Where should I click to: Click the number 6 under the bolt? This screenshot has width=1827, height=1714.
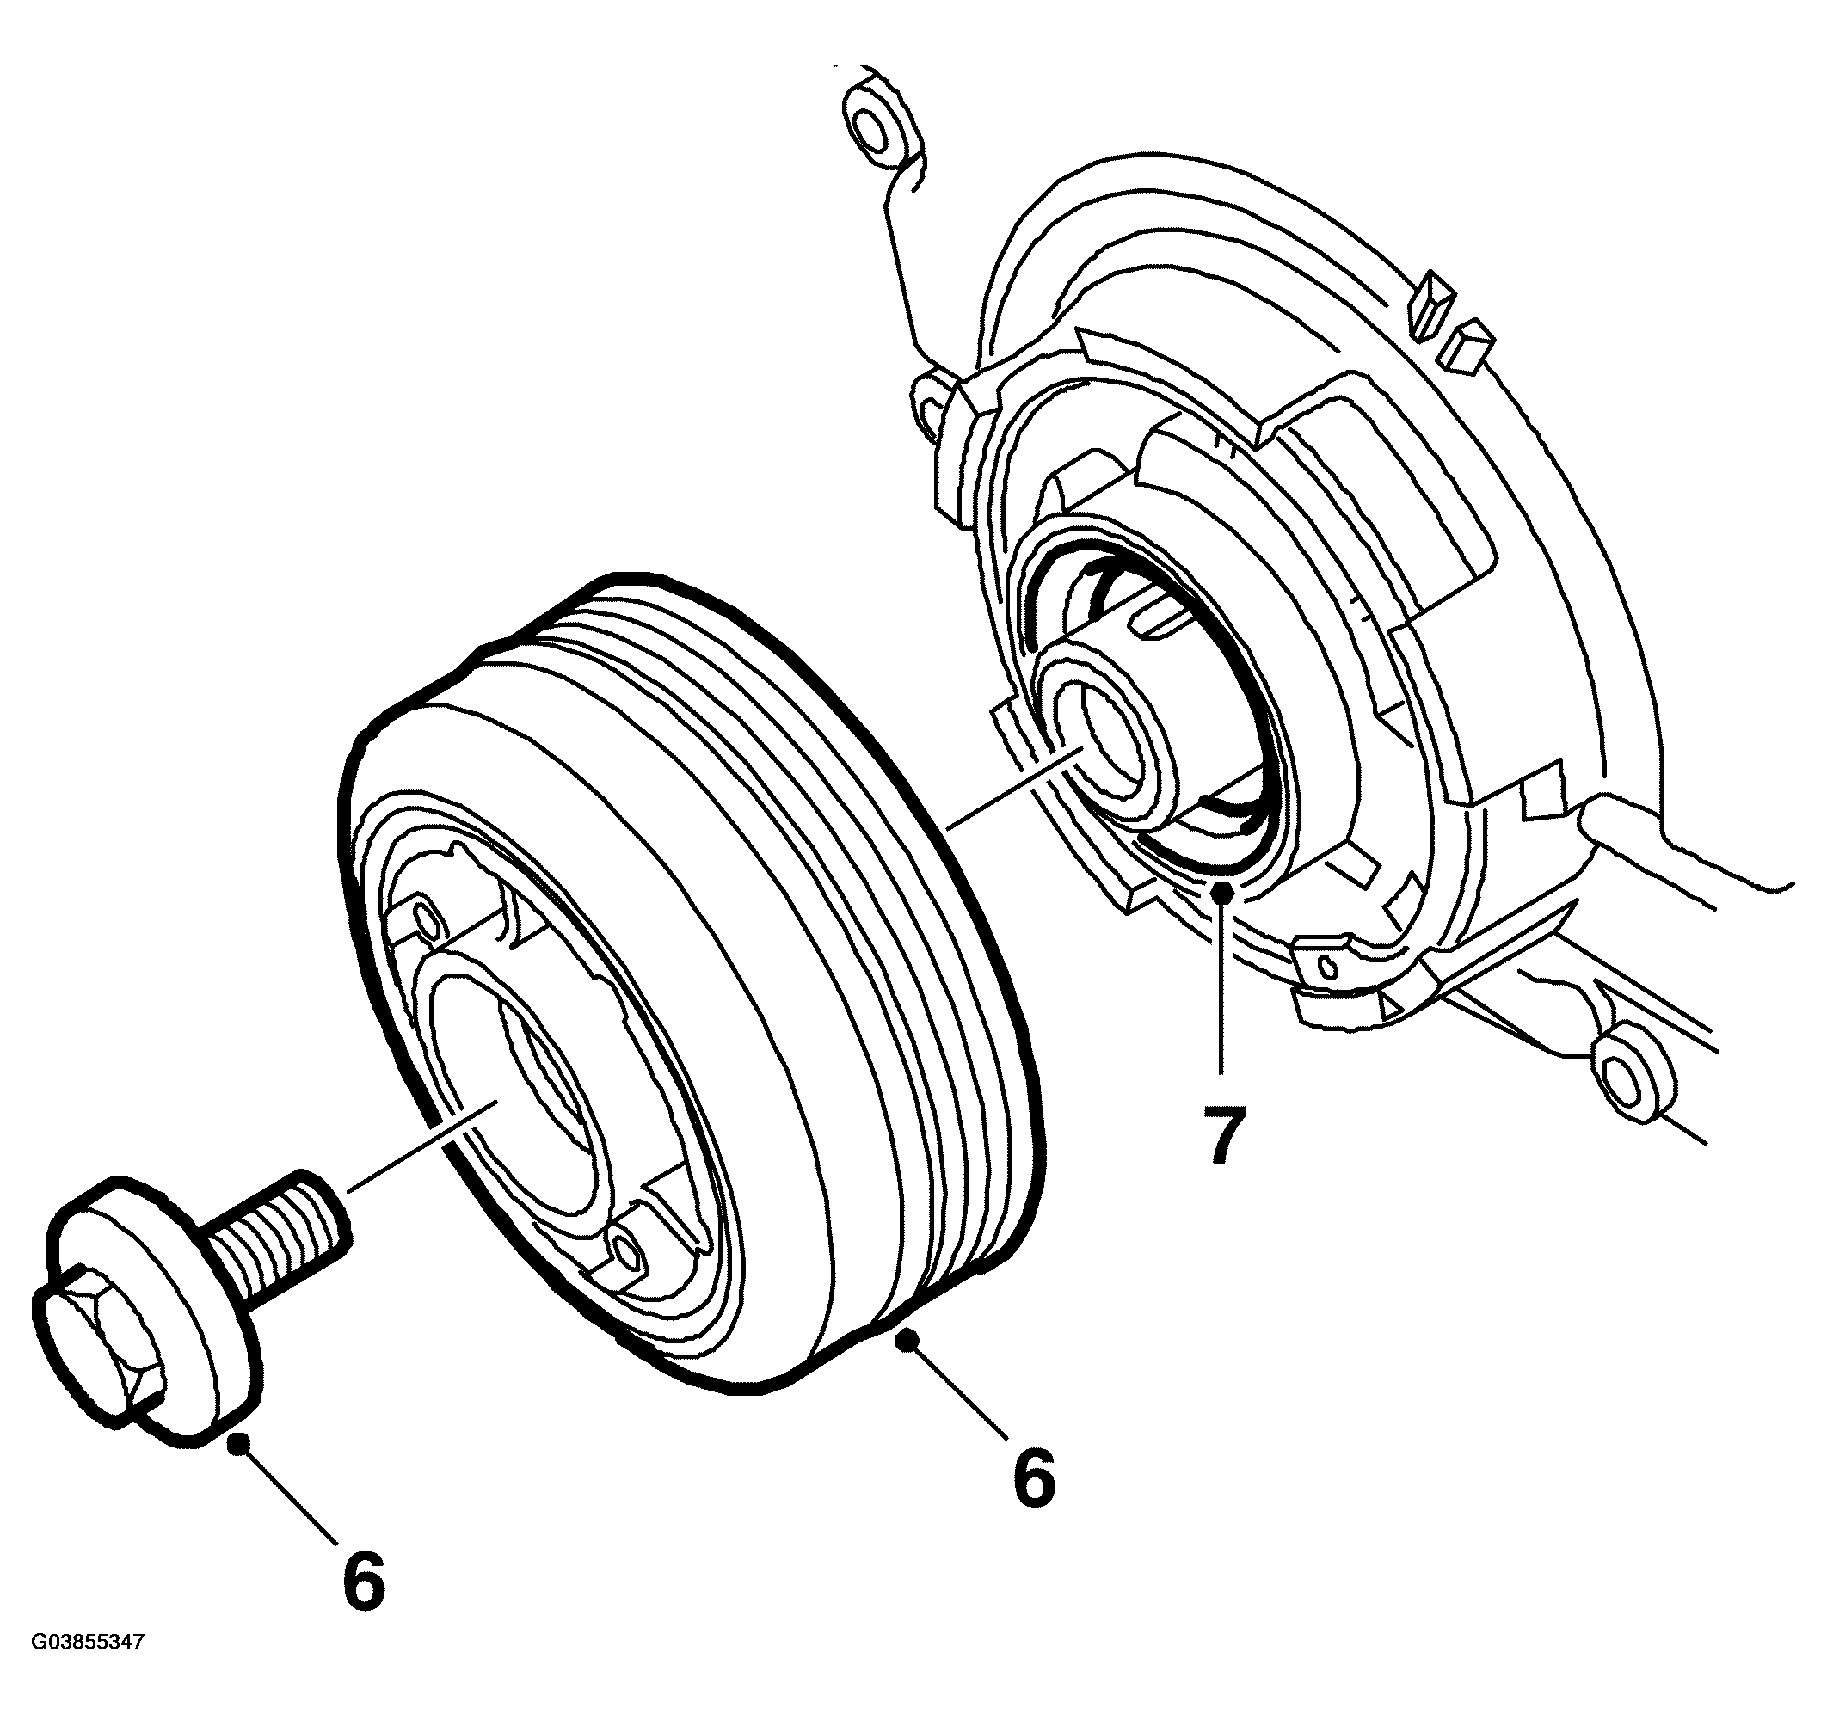tap(364, 1579)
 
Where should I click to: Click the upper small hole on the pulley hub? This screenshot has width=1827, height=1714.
tap(427, 916)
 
